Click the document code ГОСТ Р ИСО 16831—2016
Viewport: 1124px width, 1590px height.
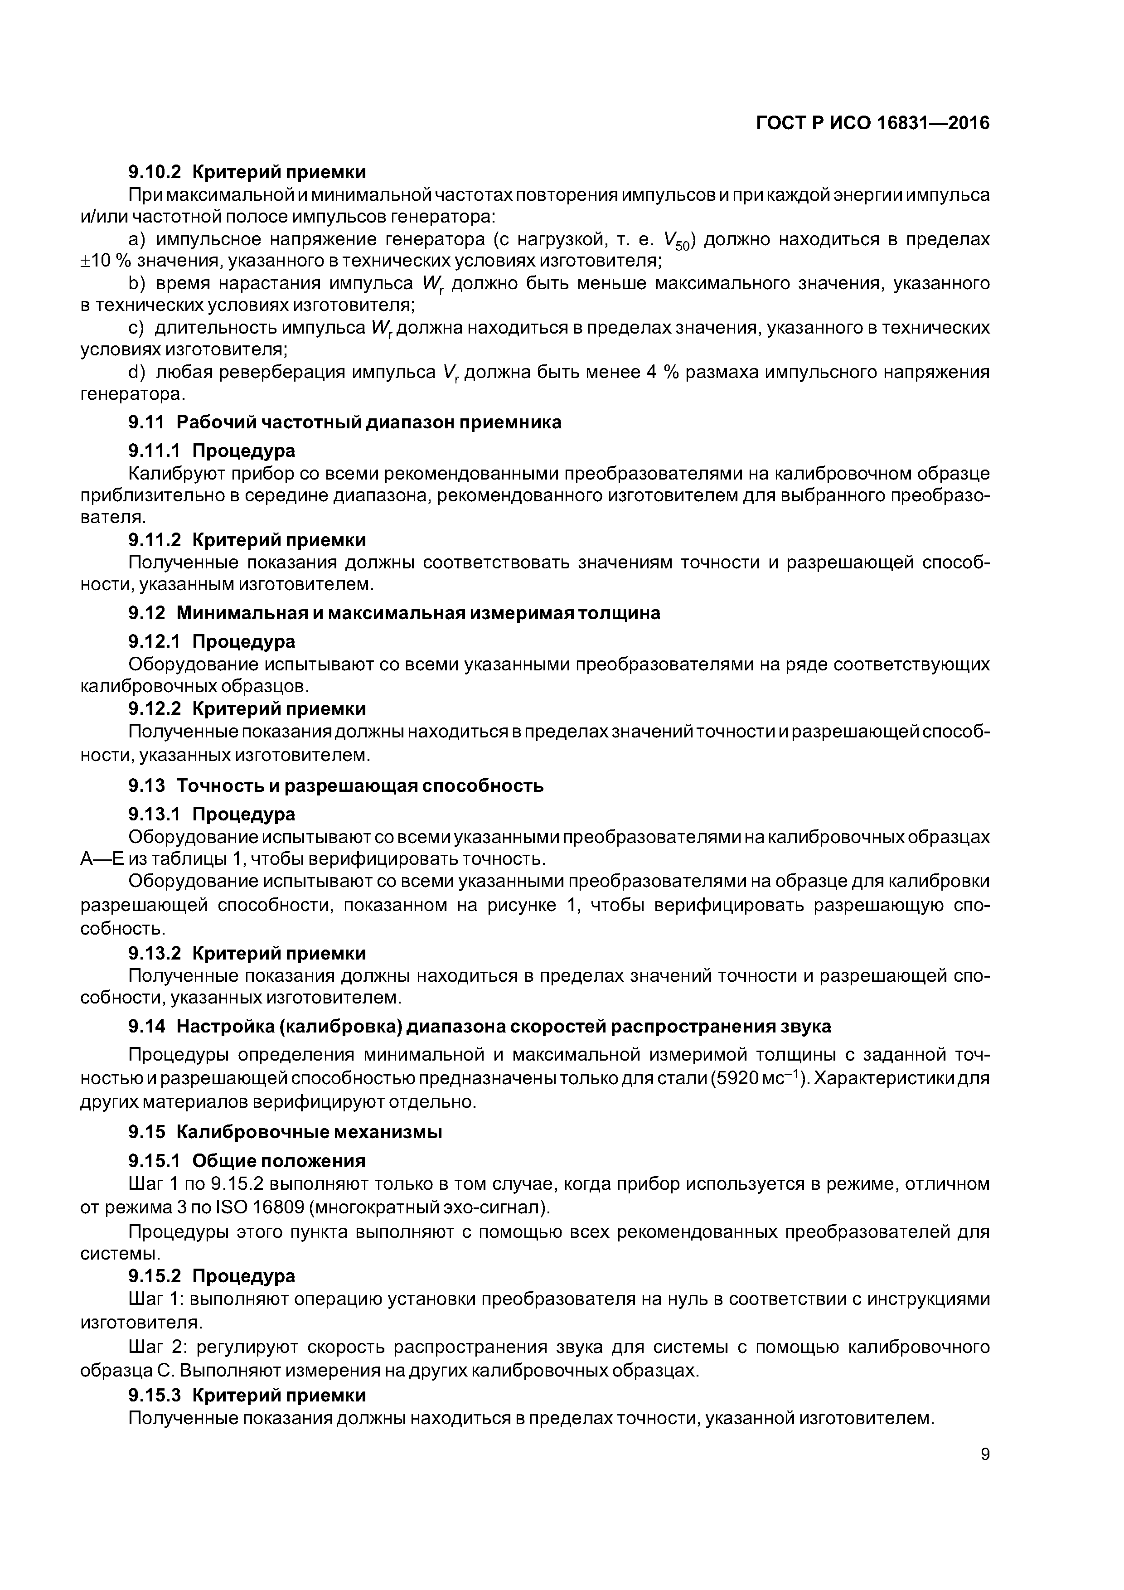click(872, 123)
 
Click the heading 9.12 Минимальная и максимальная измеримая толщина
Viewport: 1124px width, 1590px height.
click(393, 613)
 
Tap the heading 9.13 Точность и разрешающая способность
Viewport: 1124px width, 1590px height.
click(335, 786)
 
